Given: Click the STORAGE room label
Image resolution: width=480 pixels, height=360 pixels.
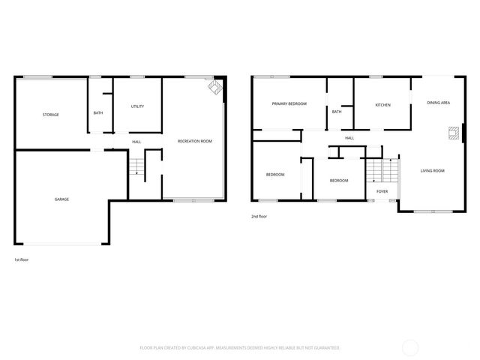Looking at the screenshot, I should (x=50, y=115).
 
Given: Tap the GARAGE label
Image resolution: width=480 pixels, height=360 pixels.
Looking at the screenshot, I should (x=61, y=199).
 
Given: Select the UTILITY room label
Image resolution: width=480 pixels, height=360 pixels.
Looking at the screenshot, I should (x=137, y=106).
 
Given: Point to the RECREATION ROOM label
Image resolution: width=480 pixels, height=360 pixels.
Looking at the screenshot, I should (x=194, y=142).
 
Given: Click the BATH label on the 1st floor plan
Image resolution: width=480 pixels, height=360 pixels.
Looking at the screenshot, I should (x=98, y=113).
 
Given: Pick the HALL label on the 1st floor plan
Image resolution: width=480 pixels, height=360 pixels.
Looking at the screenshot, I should (x=136, y=142).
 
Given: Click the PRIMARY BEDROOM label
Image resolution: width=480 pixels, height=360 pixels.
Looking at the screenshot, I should (x=289, y=104).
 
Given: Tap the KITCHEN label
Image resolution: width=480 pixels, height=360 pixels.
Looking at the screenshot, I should (x=382, y=105).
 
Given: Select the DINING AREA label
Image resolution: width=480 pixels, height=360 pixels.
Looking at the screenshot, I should (x=439, y=102).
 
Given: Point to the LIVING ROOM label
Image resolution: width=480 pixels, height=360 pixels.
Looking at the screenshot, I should (x=432, y=171).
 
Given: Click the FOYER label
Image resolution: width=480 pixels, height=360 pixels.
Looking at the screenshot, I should (x=382, y=192).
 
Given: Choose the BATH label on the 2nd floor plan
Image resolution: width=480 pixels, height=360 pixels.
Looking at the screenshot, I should (x=337, y=112).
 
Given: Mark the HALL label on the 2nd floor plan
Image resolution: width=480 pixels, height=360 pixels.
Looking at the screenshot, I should (x=349, y=138).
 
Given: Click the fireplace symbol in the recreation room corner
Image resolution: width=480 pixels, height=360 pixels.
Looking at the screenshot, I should (x=215, y=88).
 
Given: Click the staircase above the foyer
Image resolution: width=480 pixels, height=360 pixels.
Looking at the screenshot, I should (x=382, y=172).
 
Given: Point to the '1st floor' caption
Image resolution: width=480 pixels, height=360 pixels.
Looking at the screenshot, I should (x=21, y=259).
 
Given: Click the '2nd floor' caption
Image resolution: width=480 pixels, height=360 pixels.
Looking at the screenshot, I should (x=259, y=217).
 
